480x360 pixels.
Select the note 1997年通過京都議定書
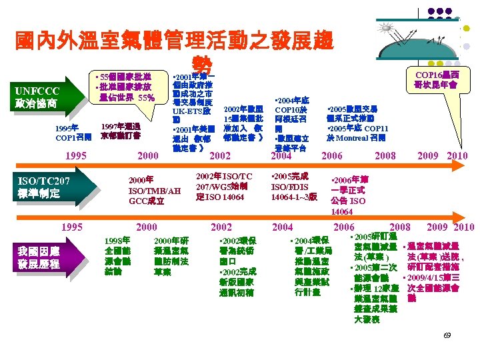pyautogui.click(x=120, y=130)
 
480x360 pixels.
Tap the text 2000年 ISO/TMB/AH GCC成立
pyautogui.click(x=155, y=190)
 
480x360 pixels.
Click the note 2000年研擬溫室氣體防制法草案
pyautogui.click(x=171, y=256)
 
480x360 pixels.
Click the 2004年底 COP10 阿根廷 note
pyautogui.click(x=291, y=114)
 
